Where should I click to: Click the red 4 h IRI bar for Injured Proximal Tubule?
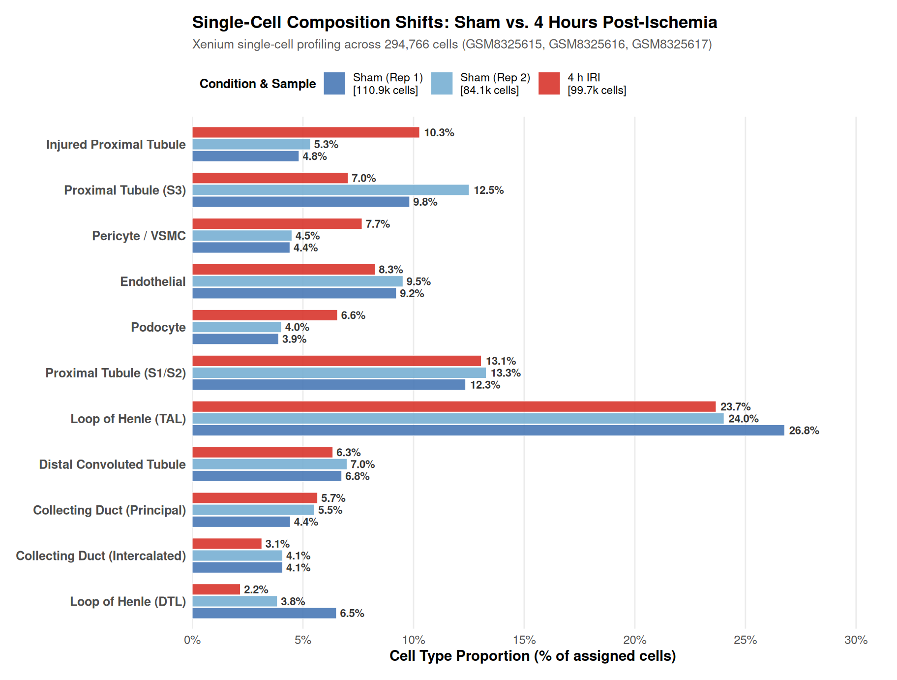306,132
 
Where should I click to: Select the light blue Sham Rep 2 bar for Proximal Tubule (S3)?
330,190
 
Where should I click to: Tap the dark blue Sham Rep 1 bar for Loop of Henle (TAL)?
488,431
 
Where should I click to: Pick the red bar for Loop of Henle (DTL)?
216,589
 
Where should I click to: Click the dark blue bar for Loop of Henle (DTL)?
264,613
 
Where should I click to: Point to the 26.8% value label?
804,431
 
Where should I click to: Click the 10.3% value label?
439,132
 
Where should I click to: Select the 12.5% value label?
489,190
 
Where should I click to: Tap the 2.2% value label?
256,589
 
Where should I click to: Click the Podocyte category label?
158,327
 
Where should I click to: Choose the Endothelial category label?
153,281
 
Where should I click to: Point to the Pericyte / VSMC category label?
139,236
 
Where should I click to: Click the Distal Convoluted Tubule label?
113,464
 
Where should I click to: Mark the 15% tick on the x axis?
524,640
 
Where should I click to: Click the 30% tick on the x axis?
856,640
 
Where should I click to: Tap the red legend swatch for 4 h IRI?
549,83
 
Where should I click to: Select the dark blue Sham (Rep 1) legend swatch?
334,83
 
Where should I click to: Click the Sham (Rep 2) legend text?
495,84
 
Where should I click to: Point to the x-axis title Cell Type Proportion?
533,656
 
